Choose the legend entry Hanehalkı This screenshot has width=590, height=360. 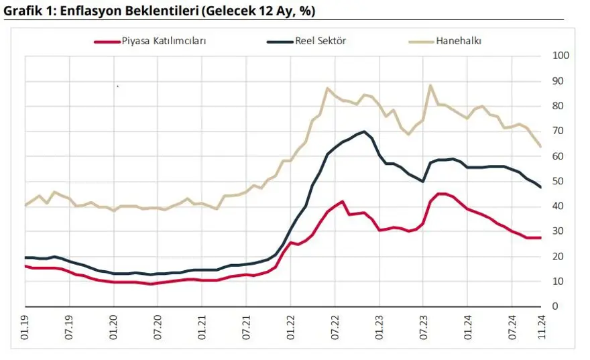tap(459, 41)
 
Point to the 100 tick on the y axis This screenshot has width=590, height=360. tap(559, 56)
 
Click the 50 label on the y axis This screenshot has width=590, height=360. tap(556, 182)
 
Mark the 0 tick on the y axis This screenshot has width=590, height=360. tap(554, 307)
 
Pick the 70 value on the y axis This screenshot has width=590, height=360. tap(556, 131)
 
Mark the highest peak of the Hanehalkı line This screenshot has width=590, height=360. tap(430, 85)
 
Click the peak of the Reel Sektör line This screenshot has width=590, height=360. tap(363, 131)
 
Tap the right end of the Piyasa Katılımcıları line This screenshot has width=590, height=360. tap(541, 238)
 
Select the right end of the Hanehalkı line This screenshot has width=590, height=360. tap(541, 146)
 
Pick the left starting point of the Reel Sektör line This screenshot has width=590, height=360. tap(25, 257)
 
